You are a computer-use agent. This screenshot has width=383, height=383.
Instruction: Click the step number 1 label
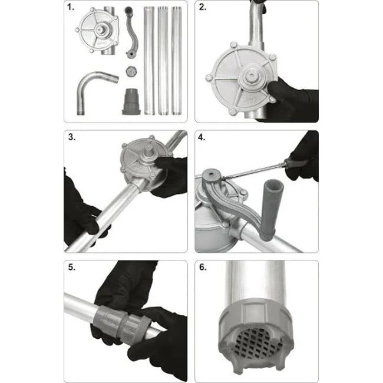tap(71, 7)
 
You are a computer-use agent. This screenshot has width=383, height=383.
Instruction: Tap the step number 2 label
tap(203, 7)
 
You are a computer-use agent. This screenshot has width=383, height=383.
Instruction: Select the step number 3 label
tap(71, 137)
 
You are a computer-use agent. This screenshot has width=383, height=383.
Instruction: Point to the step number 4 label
tap(202, 137)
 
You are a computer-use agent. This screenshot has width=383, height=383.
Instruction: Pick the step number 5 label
tap(72, 268)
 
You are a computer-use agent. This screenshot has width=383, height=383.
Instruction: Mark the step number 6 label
tap(203, 268)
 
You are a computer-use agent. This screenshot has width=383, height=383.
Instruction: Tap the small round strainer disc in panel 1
tap(131, 71)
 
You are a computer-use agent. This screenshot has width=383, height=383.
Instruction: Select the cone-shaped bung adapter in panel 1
tap(131, 101)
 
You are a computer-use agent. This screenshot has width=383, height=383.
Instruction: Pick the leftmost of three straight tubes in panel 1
tap(149, 61)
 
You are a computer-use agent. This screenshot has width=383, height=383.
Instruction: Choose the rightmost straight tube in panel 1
tap(177, 61)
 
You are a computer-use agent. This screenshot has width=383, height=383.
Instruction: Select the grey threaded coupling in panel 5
tap(121, 322)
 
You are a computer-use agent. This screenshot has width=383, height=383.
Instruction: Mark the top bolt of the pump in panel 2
tap(233, 45)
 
